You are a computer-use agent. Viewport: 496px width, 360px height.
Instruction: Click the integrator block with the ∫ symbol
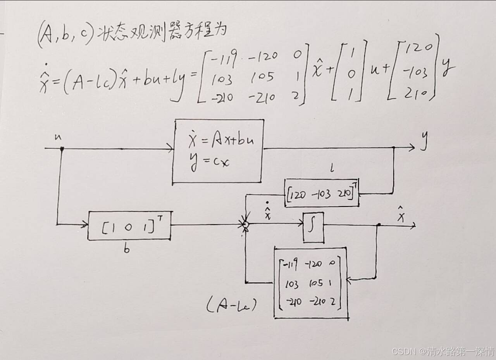click(313, 227)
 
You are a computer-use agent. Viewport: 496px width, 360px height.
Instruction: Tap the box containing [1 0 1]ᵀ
click(129, 226)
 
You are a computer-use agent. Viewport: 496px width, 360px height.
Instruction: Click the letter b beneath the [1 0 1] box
click(126, 249)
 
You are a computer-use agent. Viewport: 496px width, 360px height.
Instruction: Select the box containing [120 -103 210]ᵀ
click(321, 193)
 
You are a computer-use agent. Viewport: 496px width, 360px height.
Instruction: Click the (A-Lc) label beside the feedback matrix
click(231, 307)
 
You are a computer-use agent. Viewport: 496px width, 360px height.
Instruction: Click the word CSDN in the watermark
click(403, 351)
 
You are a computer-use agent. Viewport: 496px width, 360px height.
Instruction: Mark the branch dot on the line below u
click(62, 148)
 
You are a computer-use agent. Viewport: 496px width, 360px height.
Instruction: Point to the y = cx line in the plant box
click(210, 161)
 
